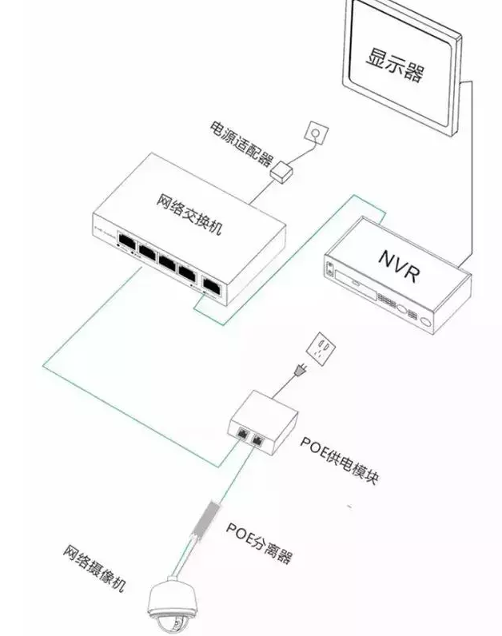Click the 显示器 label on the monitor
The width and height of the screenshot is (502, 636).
coord(395,65)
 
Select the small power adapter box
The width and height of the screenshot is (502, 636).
coord(282,171)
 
